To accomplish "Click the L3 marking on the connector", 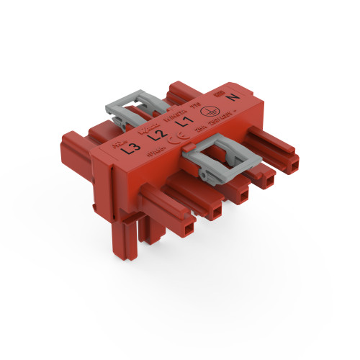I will tap(131, 150).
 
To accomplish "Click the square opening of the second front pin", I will tap(215, 212).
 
